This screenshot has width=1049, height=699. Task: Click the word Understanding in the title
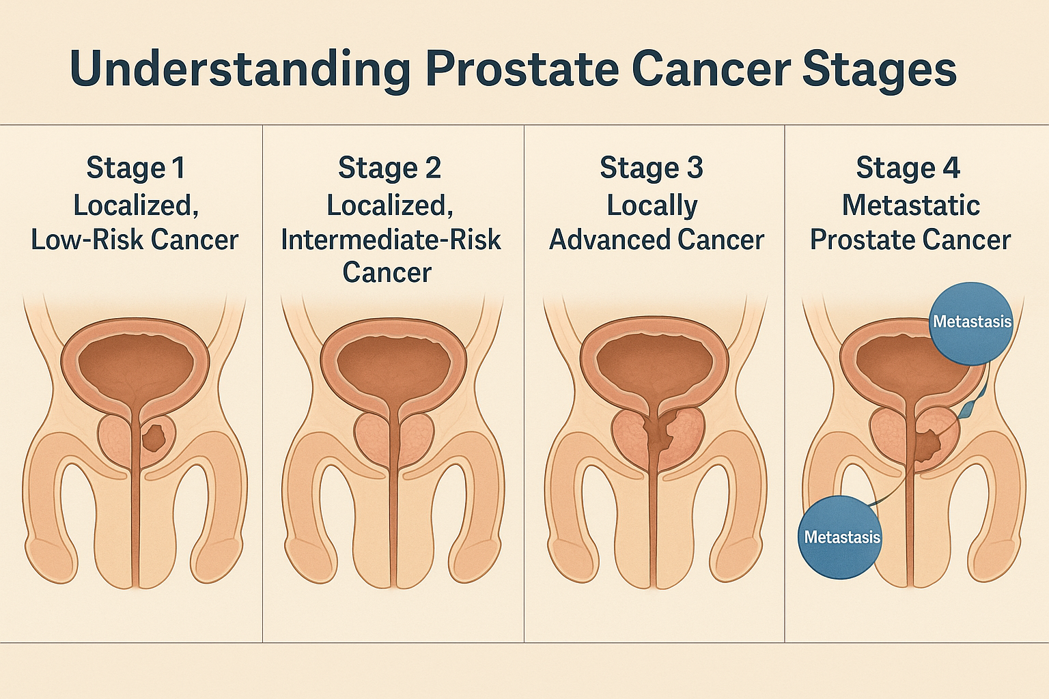click(240, 70)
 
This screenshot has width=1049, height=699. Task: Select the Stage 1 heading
click(136, 168)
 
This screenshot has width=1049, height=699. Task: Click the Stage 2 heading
click(390, 168)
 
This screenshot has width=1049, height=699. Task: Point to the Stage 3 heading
click(652, 168)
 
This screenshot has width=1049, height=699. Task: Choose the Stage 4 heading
click(908, 168)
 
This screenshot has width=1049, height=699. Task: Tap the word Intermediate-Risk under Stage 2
click(391, 239)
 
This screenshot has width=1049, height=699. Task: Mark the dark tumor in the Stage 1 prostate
click(154, 436)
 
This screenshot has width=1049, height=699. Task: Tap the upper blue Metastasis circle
click(971, 324)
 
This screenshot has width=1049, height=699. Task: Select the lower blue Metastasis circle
click(840, 537)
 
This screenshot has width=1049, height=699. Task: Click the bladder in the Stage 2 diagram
click(393, 365)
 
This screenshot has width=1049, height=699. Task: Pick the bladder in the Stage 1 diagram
click(136, 365)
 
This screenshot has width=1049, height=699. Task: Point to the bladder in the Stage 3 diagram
click(654, 365)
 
